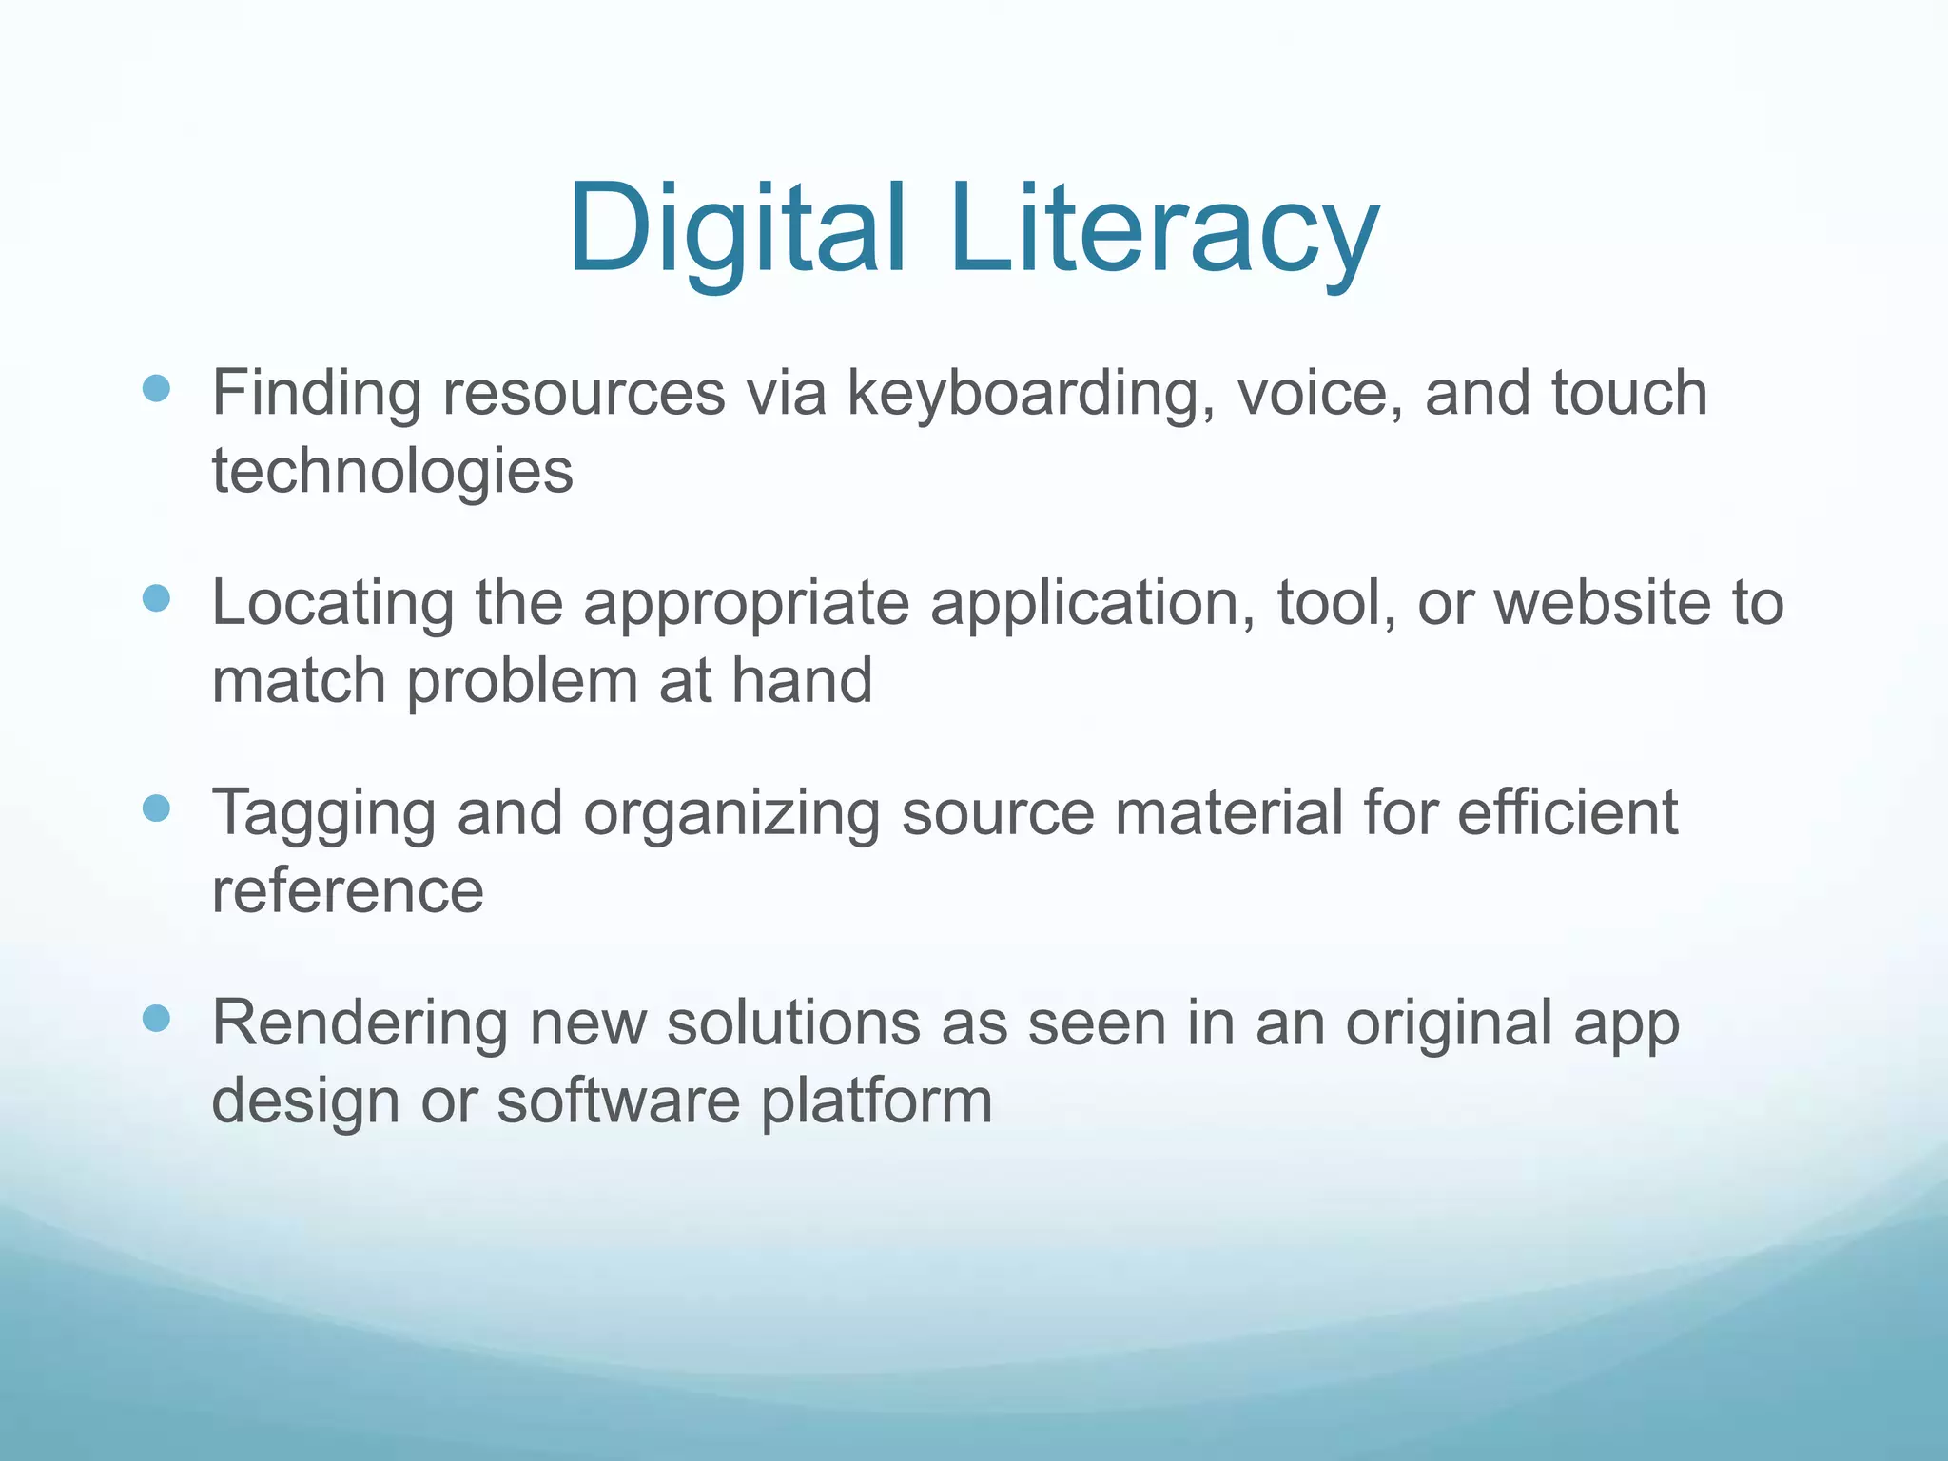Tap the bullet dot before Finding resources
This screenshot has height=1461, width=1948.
click(x=156, y=388)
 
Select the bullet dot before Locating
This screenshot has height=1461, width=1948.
click(x=156, y=598)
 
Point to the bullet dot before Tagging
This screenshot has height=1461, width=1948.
click(x=156, y=808)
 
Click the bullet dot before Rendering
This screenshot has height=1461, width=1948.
click(x=156, y=1019)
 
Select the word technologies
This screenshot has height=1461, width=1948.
click(x=392, y=472)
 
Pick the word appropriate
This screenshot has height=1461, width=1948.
click(x=746, y=604)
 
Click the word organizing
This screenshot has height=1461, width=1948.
click(x=731, y=814)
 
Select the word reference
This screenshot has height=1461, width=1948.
click(x=347, y=892)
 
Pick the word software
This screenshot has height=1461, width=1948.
click(x=618, y=1101)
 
